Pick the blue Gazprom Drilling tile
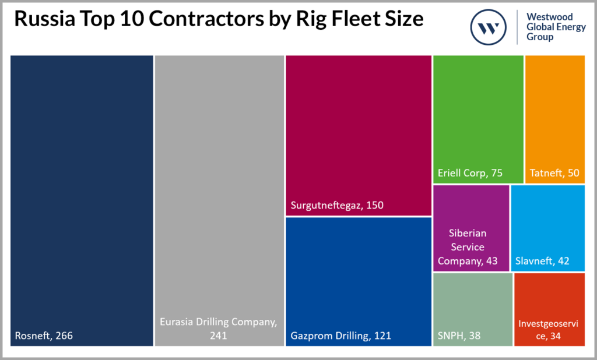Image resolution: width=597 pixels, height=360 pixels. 358,274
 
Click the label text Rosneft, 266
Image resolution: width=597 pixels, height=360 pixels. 44,336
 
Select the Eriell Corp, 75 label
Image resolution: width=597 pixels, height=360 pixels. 470,173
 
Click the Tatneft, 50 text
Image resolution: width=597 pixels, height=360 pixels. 554,173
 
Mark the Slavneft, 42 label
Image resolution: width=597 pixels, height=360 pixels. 542,260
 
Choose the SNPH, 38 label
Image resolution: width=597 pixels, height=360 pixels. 460,336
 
